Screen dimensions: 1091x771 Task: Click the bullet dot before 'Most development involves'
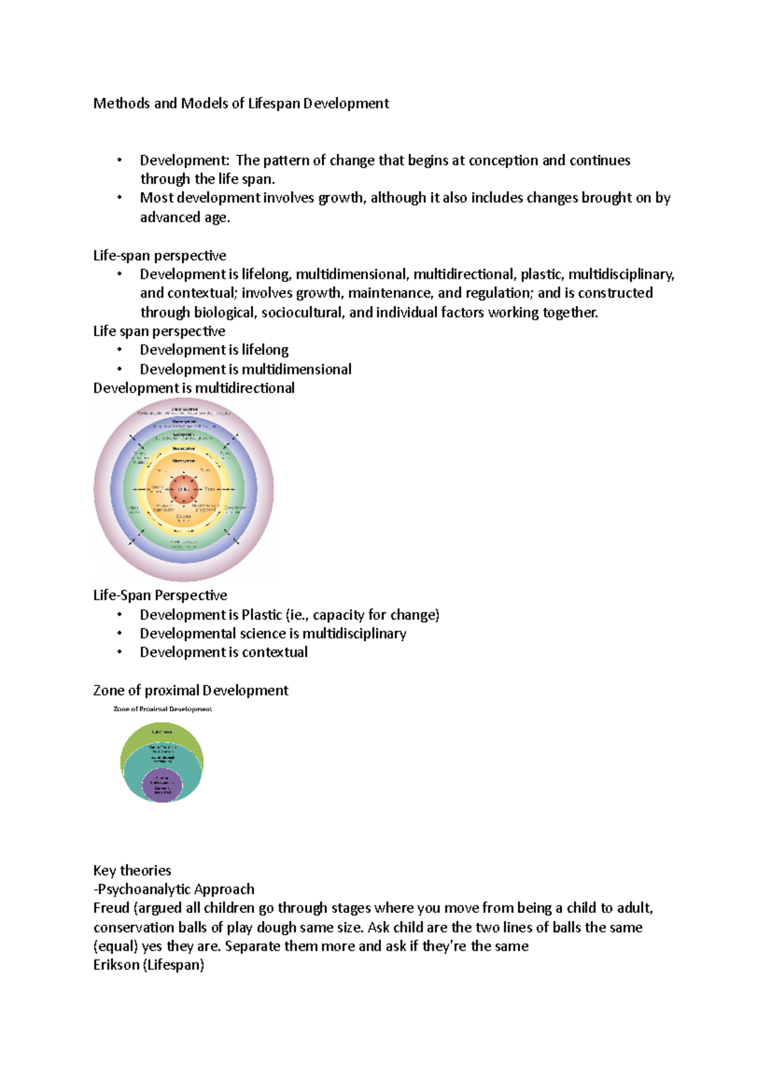tap(120, 197)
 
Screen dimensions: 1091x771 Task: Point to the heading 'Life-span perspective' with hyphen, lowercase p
tap(159, 255)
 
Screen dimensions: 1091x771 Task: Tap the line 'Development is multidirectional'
tap(193, 388)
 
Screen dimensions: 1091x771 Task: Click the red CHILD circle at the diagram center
tap(184, 490)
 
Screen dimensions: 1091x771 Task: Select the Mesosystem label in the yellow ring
tap(184, 448)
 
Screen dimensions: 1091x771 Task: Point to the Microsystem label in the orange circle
tap(184, 461)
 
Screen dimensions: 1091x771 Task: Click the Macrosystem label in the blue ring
tap(184, 421)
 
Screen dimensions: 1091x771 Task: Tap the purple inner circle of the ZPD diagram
tap(163, 785)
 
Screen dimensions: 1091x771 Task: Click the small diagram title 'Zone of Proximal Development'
tap(163, 709)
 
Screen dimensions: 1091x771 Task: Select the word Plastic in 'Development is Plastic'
tap(261, 615)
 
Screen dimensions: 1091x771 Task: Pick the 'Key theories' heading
tap(132, 871)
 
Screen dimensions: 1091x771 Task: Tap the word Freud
tap(111, 909)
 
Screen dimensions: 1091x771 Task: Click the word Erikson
tap(116, 965)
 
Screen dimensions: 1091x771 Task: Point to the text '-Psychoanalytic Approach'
tap(173, 889)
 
